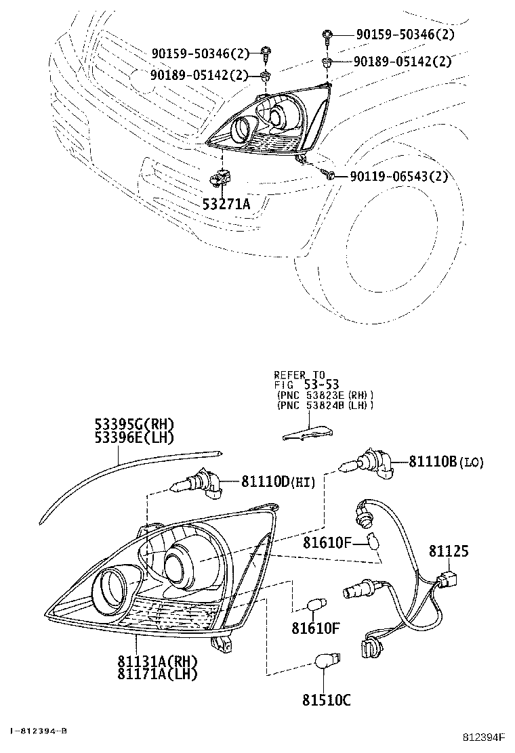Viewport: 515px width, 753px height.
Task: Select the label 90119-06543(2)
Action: point(398,177)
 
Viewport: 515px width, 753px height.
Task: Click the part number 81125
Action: point(448,552)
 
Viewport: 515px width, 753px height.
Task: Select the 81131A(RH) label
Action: point(157,662)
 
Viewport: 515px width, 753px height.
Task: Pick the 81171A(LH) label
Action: point(157,674)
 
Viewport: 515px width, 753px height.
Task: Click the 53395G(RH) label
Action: point(134,425)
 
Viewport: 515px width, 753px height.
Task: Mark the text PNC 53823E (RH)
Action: point(325,395)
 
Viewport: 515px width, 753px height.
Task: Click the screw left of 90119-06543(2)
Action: point(330,175)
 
